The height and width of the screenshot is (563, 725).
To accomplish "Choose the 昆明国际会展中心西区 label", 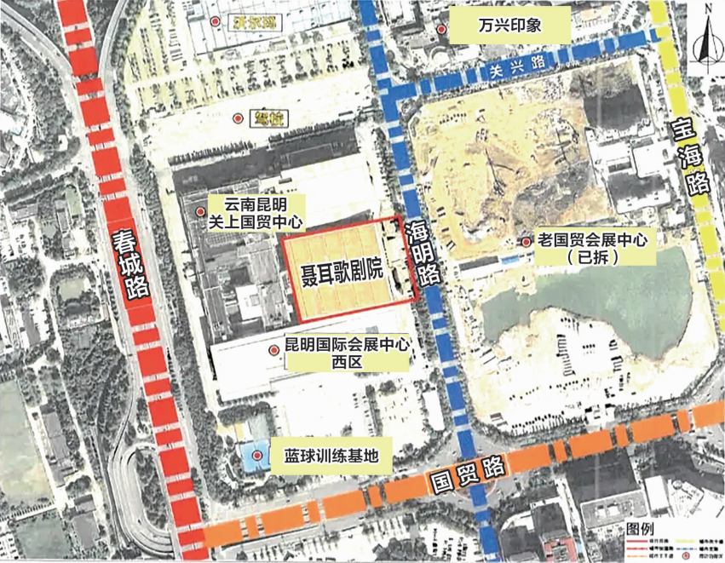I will click(341, 353).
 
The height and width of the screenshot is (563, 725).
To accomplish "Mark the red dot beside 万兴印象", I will click(442, 30).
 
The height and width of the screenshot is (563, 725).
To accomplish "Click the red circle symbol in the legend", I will click(686, 554).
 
